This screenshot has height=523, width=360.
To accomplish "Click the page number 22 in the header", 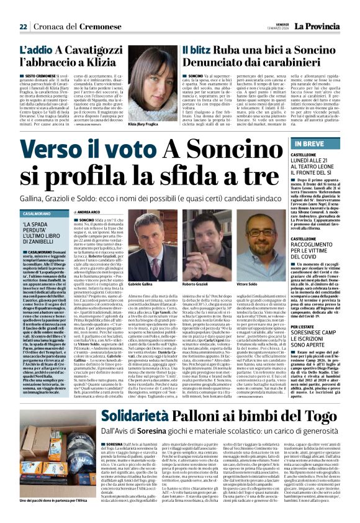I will click(x=23, y=27).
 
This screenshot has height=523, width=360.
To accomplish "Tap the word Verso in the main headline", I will click(x=55, y=149).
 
